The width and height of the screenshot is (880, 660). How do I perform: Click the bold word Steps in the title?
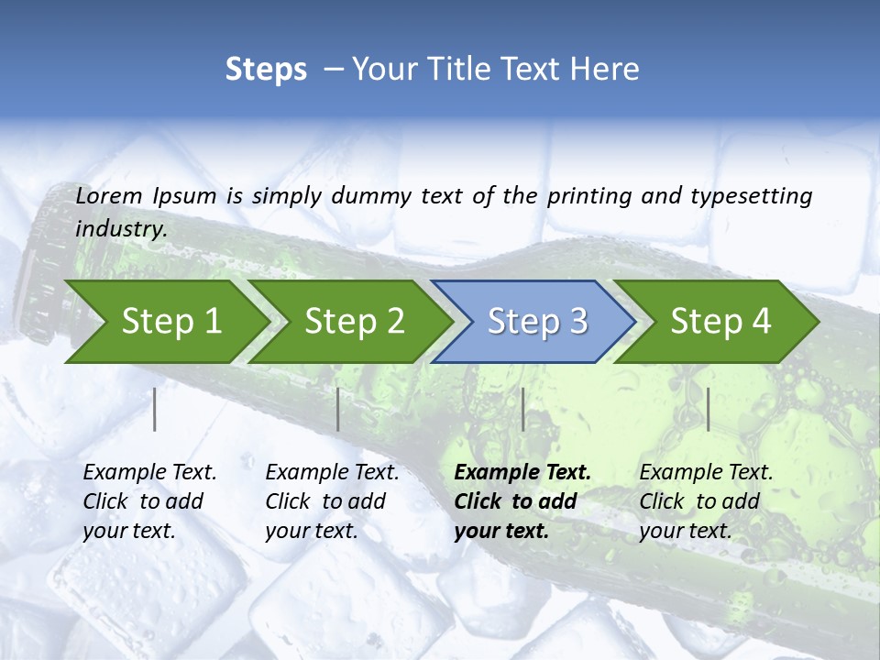[266, 70]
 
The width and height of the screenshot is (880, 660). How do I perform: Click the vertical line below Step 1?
[155, 409]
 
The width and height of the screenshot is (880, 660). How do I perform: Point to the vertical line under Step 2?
[338, 409]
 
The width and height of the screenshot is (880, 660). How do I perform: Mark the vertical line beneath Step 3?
[522, 409]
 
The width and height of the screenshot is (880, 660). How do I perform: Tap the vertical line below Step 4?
[708, 409]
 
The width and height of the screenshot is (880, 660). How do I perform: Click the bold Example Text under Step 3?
[522, 473]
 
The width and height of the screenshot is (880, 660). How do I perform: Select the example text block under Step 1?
[149, 501]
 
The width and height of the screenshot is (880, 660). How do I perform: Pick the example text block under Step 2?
[332, 501]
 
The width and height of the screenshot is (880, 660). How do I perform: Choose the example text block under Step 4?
[706, 501]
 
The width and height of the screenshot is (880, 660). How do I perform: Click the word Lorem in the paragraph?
[109, 196]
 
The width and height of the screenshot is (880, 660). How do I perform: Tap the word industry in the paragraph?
[120, 229]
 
